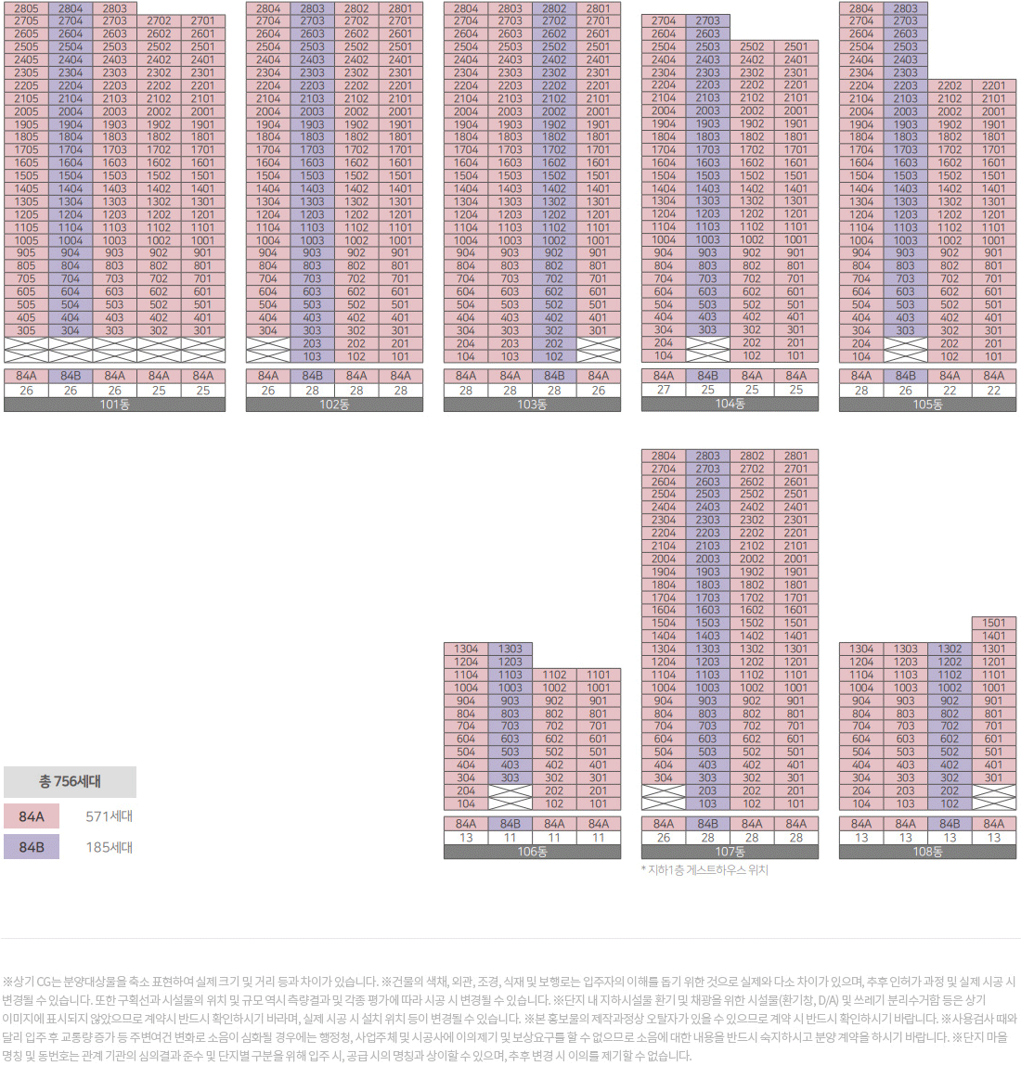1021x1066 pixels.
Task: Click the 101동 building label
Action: pos(114,405)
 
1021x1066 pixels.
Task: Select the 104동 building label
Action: pos(730,404)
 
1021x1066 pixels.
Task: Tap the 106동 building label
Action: pos(532,852)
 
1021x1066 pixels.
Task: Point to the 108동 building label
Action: pos(927,852)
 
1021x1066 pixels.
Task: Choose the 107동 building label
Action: pos(730,852)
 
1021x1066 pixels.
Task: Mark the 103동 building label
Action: pos(532,405)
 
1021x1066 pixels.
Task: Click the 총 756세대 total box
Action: pos(70,781)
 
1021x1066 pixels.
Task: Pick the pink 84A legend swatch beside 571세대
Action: pos(32,816)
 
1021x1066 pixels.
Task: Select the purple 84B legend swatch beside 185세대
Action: pos(32,847)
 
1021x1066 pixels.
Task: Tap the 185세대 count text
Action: pos(110,847)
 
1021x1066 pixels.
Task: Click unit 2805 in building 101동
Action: pos(26,8)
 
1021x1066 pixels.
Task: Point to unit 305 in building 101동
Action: pos(26,330)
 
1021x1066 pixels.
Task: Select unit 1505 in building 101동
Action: pos(26,175)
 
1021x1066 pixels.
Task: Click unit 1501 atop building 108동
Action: pos(993,623)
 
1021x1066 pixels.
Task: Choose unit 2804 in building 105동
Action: pos(861,8)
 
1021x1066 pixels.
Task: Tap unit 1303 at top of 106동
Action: pos(510,649)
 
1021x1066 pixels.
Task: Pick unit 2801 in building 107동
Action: pos(795,456)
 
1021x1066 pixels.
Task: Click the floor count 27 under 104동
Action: pos(664,390)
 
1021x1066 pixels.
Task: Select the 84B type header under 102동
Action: pos(312,376)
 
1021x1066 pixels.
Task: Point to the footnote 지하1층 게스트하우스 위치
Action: pos(705,870)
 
